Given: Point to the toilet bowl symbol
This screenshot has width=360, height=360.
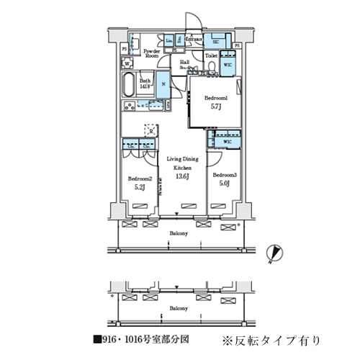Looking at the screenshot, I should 213,69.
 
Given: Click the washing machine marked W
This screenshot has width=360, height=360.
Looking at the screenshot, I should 127,63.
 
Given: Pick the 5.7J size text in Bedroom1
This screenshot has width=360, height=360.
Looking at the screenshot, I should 215,107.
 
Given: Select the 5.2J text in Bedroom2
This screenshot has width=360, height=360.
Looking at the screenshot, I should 139,188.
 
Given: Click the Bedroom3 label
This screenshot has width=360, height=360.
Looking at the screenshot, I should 225,175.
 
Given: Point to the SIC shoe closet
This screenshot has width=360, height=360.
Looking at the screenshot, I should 215,42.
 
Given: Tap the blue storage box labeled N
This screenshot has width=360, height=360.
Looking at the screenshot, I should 163,85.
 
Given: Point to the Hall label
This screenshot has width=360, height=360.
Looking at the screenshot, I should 185,63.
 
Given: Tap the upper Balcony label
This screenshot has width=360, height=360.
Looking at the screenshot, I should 179,234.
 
